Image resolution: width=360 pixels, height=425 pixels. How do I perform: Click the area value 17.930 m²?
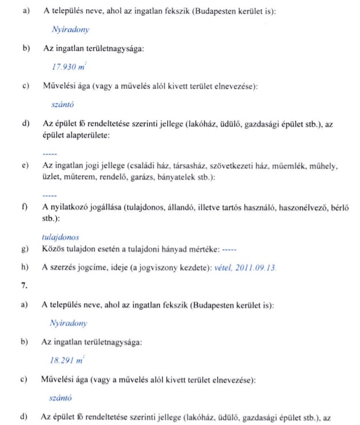pos(64,67)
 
